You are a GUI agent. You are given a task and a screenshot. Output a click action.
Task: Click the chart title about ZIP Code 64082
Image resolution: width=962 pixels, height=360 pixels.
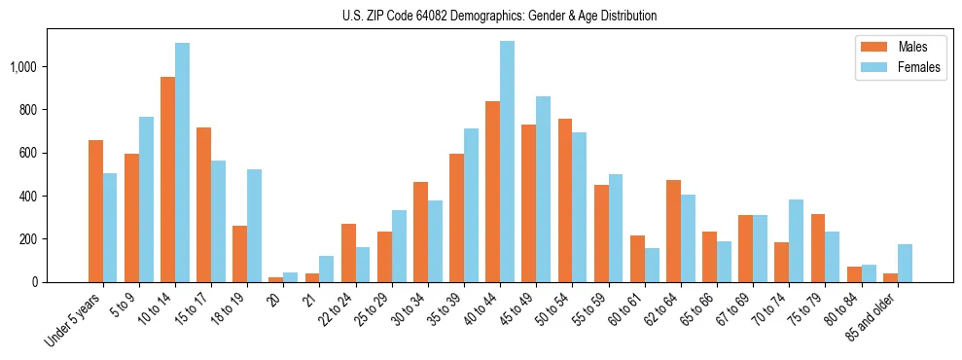499,16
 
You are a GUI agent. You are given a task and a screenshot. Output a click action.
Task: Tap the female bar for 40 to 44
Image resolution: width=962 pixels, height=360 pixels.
507,162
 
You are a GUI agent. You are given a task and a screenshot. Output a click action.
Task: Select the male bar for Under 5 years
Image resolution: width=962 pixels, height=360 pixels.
95,211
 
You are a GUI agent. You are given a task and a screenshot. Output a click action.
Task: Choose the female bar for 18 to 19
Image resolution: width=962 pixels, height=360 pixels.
254,226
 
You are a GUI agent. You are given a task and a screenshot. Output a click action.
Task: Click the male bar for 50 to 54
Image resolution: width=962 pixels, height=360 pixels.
565,200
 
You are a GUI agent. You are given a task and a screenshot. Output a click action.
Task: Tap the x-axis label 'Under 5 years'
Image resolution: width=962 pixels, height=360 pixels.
74,321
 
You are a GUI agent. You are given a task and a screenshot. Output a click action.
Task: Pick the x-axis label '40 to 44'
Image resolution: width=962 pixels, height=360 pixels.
479,310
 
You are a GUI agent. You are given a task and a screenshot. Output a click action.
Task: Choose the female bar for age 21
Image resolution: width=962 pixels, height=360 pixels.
326,269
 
